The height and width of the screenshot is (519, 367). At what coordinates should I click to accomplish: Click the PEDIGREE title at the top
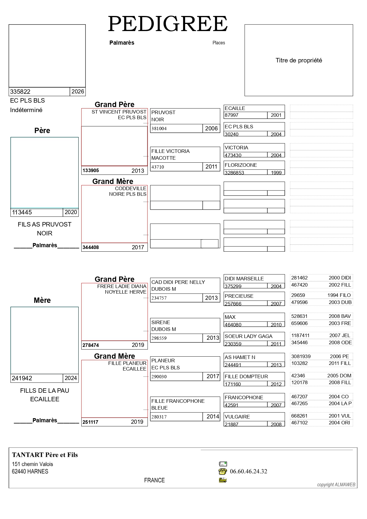pyautogui.click(x=168, y=24)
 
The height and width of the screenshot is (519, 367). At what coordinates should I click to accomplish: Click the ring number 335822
pyautogui.click(x=20, y=92)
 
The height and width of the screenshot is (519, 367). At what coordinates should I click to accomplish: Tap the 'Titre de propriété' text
pyautogui.click(x=299, y=60)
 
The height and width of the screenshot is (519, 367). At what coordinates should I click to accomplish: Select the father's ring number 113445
pyautogui.click(x=22, y=212)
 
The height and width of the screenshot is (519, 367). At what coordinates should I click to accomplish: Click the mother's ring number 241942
pyautogui.click(x=22, y=378)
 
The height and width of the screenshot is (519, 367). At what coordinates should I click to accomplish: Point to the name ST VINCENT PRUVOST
pyautogui.click(x=119, y=112)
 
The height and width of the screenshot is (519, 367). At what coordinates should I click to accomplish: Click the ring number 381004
pyautogui.click(x=159, y=129)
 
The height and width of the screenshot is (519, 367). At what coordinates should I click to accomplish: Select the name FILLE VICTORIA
pyautogui.click(x=170, y=151)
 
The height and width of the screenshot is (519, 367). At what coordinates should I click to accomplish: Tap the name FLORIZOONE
pyautogui.click(x=241, y=165)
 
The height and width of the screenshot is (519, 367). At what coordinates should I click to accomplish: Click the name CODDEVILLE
pyautogui.click(x=131, y=188)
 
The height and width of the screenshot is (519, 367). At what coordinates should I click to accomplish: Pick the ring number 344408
pyautogui.click(x=91, y=248)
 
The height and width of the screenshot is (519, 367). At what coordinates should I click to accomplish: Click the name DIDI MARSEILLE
pyautogui.click(x=244, y=279)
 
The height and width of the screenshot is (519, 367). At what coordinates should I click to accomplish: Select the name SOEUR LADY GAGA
pyautogui.click(x=248, y=336)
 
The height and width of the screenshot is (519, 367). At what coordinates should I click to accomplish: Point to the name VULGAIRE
pyautogui.click(x=237, y=417)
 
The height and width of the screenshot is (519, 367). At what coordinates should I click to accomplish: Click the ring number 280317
pyautogui.click(x=159, y=417)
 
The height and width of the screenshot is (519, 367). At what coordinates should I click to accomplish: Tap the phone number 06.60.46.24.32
pyautogui.click(x=248, y=471)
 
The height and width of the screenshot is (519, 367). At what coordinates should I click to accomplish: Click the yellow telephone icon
pyautogui.click(x=223, y=471)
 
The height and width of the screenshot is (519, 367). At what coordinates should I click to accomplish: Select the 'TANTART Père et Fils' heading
pyautogui.click(x=45, y=455)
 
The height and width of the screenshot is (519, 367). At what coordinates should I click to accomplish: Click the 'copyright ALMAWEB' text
pyautogui.click(x=336, y=485)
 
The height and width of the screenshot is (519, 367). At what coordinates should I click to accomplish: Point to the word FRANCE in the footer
pyautogui.click(x=154, y=480)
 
